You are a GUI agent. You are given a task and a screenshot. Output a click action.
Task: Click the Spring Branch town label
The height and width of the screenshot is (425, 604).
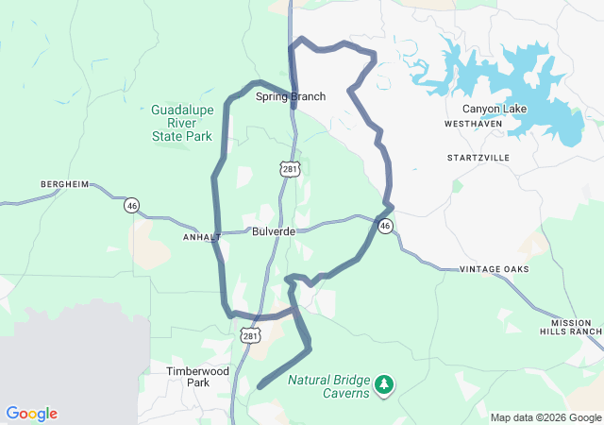pyautogui.click(x=290, y=96)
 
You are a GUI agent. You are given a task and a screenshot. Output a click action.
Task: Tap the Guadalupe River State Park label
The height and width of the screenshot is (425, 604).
pyautogui.click(x=182, y=123)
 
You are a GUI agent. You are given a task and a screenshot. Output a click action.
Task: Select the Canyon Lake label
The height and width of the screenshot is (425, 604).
pyautogui.click(x=494, y=109)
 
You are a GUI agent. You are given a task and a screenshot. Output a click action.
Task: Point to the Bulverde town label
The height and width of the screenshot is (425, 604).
pyautogui.click(x=274, y=231)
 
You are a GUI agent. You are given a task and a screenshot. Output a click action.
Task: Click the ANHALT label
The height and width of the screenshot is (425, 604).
pyautogui.click(x=201, y=237)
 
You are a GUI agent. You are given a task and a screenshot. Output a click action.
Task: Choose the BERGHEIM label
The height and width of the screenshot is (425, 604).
pyautogui.click(x=64, y=183)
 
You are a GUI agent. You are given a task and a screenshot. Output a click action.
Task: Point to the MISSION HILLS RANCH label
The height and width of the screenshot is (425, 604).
pyautogui.click(x=570, y=327)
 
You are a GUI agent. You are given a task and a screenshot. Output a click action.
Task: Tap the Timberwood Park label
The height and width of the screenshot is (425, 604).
pyautogui.click(x=197, y=377)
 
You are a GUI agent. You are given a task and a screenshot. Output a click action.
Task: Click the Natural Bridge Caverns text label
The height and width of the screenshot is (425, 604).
pyautogui.click(x=328, y=386)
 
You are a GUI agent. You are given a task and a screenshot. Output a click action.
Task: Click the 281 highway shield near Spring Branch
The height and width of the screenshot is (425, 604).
pyautogui.click(x=288, y=168)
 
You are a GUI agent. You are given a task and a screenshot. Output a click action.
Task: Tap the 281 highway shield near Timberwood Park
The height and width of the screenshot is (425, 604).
pyautogui.click(x=248, y=335)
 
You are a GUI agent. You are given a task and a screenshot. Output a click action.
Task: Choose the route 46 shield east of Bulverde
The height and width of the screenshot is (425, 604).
pyautogui.click(x=385, y=227)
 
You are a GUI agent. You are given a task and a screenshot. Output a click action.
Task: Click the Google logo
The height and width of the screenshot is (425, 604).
pyautogui.click(x=31, y=414)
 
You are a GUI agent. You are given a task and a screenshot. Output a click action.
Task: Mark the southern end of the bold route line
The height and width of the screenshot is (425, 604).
pyautogui.click(x=260, y=386)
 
